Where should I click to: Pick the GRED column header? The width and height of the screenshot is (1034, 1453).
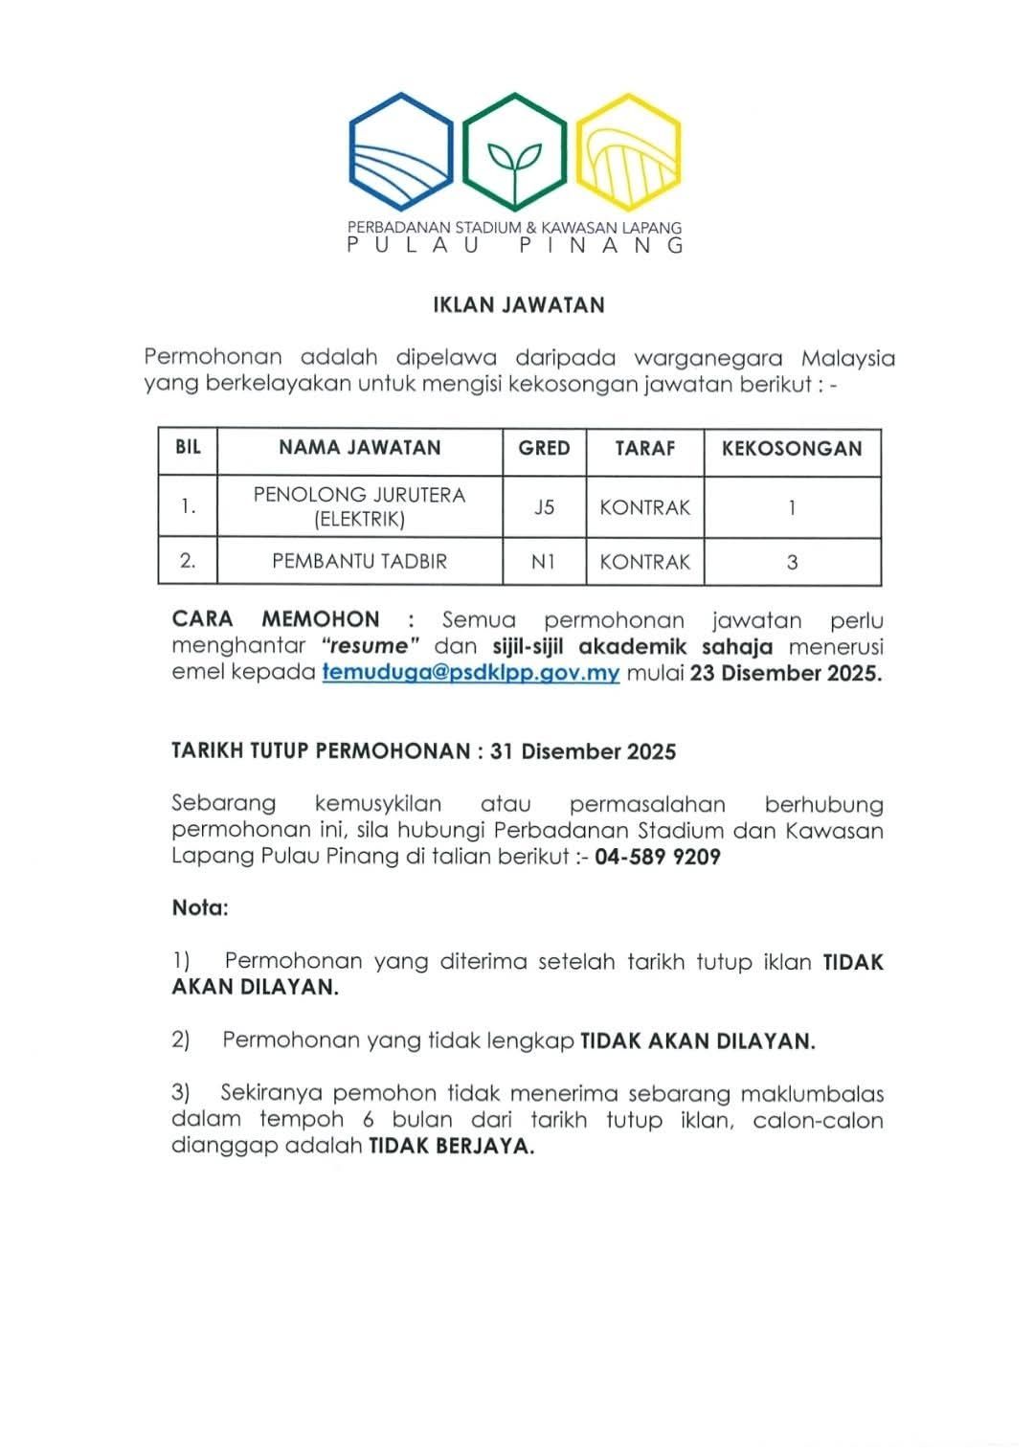coord(544,448)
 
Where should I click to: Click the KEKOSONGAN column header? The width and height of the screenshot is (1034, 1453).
coord(792,449)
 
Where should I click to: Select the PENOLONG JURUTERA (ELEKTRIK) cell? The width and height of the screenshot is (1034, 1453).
coord(359,507)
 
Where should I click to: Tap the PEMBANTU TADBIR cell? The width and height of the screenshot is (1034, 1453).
coord(359,562)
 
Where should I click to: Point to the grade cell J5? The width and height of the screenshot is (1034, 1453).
coord(544,507)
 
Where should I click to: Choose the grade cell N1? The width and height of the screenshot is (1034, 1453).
coord(544,562)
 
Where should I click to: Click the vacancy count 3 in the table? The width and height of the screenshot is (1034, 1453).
coord(792,562)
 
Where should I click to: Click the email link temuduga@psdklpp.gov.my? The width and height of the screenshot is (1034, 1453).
coord(471,673)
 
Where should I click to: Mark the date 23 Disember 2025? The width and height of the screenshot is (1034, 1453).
coord(785,673)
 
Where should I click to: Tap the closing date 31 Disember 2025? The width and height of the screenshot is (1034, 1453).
coord(583,751)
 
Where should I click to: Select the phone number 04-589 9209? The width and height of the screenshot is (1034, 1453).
coord(658,857)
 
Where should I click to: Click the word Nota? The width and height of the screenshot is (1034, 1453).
coord(200,907)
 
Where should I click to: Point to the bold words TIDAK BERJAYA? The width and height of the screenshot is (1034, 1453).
coord(451,1147)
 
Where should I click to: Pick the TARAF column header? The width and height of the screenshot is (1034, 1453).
coord(644,448)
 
